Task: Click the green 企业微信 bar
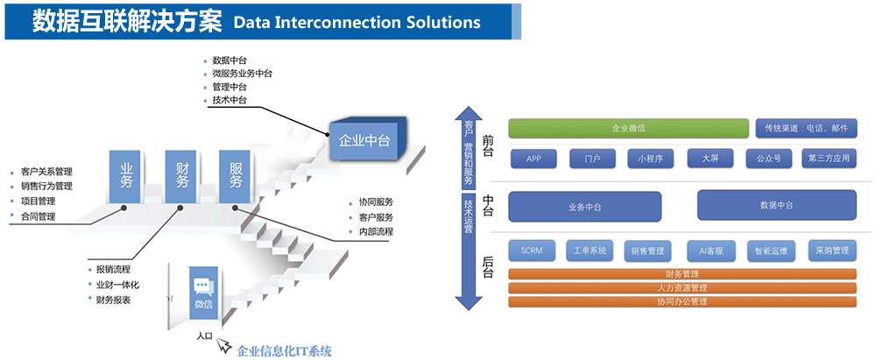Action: [628, 129]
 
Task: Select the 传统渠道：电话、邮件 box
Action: [806, 129]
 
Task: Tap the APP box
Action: [534, 159]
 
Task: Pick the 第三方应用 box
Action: [829, 159]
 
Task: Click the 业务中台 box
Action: [584, 206]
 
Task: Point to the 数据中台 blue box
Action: [776, 205]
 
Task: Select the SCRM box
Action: [531, 251]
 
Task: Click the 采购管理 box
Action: [828, 251]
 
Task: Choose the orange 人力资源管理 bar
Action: [682, 287]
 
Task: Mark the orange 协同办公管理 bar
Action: [682, 301]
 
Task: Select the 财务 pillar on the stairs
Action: [181, 175]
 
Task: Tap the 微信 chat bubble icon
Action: [203, 286]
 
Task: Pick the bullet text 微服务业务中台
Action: [242, 74]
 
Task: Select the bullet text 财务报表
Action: [114, 300]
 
